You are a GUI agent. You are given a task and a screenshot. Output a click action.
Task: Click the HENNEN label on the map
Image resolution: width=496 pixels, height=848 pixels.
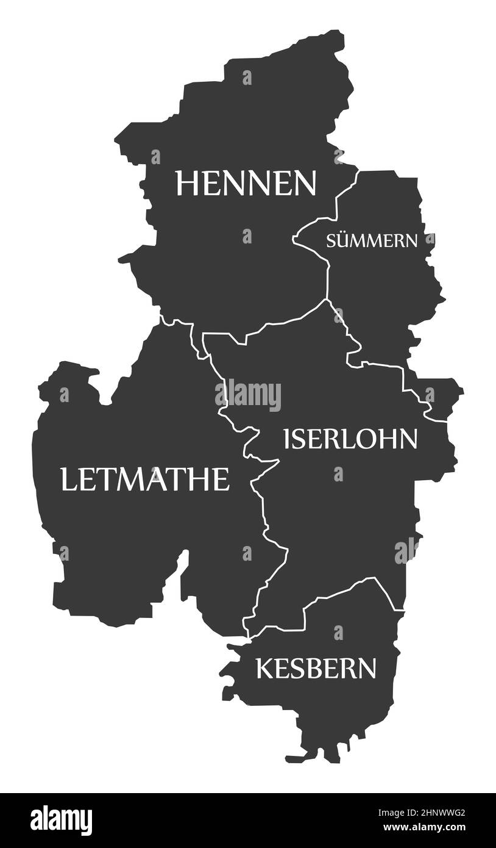(x=246, y=182)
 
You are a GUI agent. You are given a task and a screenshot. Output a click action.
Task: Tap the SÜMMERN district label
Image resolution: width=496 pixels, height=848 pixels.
(x=372, y=240)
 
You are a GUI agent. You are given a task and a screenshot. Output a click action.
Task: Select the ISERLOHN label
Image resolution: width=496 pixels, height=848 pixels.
(x=350, y=438)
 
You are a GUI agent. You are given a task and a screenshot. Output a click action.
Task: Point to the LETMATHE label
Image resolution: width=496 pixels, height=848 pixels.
(x=144, y=479)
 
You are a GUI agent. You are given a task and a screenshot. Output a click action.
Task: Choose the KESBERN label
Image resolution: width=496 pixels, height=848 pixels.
(x=316, y=668)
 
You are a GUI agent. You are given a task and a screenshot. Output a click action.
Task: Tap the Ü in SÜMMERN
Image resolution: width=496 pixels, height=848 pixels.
(x=342, y=240)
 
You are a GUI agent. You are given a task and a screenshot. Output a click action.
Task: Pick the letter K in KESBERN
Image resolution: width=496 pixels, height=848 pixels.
(x=263, y=668)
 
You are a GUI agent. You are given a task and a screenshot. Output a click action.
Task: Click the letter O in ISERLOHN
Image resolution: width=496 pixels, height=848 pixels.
(x=377, y=438)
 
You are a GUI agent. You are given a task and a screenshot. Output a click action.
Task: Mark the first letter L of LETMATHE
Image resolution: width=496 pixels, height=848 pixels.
(x=68, y=479)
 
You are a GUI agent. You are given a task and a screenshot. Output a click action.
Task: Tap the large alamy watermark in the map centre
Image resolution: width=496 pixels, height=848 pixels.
(x=248, y=396)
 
